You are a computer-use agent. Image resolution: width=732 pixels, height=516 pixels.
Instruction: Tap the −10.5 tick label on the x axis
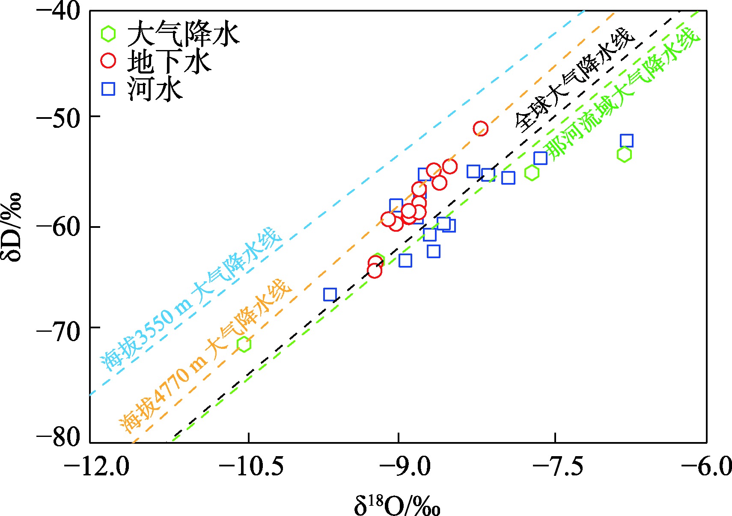pos(251,466)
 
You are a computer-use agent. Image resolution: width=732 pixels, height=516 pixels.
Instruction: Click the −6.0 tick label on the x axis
pos(706,466)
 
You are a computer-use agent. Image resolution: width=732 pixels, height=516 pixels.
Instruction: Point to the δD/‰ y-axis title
pos(14,227)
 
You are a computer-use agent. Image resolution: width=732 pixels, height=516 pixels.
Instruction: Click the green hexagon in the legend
pos(108,34)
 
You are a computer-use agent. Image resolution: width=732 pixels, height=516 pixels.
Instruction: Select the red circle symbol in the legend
pos(108,61)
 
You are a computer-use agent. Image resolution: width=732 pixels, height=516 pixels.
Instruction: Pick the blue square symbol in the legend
pos(108,88)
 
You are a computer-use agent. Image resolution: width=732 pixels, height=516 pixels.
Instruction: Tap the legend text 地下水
pos(169,62)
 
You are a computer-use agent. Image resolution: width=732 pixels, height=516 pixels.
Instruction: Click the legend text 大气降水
pos(183,34)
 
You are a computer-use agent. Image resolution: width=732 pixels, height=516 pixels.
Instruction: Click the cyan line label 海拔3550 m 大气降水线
pos(191,299)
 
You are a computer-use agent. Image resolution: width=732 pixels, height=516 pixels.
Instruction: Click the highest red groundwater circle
pos(480,128)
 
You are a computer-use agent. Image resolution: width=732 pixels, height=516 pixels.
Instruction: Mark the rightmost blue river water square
pos(626,141)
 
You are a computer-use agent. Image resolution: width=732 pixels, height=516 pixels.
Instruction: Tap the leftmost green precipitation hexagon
pos(244,344)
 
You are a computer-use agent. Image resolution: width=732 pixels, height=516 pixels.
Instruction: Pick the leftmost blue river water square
pos(330,295)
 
